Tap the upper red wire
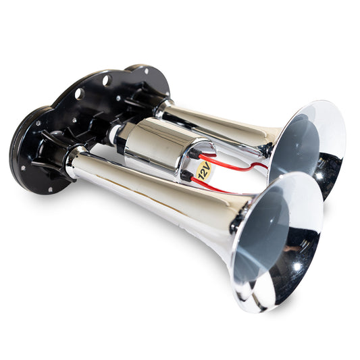230,164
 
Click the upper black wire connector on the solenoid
195,154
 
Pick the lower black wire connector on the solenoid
185,176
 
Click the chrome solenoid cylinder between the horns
159,149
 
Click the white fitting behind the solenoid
111,134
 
